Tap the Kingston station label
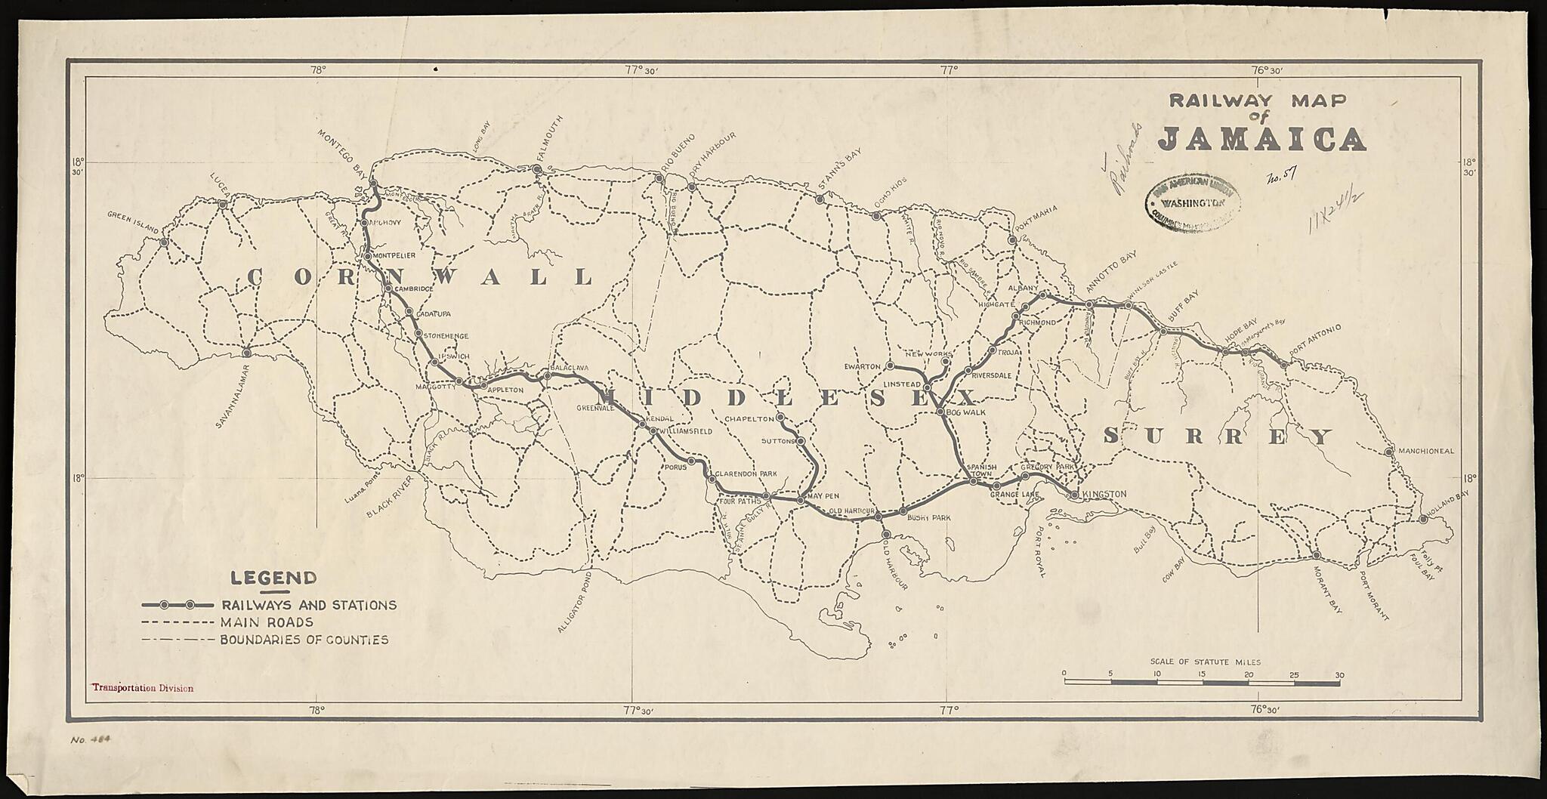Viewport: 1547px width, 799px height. click(1104, 494)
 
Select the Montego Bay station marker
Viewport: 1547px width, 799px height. click(373, 183)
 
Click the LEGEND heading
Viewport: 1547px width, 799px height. click(273, 579)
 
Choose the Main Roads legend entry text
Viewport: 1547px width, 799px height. click(267, 622)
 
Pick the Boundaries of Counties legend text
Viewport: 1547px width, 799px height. click(304, 640)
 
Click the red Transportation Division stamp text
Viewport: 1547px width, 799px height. click(143, 689)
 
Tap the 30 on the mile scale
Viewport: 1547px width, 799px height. click(1339, 674)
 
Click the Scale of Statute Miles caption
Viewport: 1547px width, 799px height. click(1201, 662)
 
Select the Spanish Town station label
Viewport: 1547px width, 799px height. click(983, 470)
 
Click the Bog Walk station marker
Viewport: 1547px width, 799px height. click(940, 412)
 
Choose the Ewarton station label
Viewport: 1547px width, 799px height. click(863, 366)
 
